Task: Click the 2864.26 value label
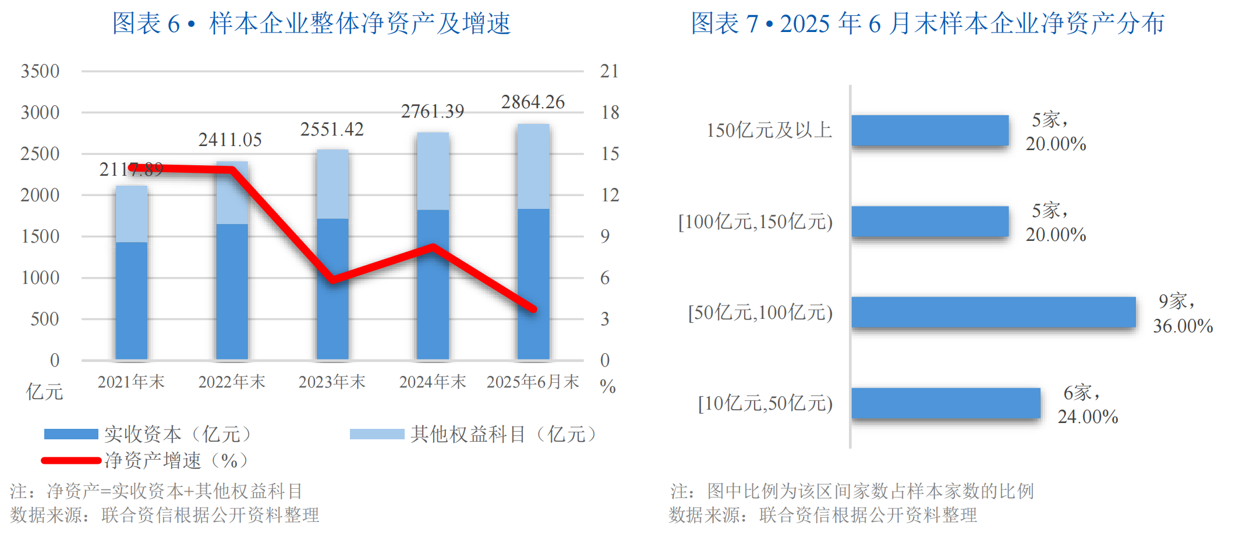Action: coord(533,102)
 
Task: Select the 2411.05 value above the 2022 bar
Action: coord(230,140)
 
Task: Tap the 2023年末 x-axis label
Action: coord(332,382)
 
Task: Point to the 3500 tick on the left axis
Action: coord(40,72)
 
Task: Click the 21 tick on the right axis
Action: coord(609,72)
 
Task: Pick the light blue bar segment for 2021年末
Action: coord(132,214)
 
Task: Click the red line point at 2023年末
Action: coord(332,280)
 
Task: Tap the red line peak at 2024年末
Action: coord(433,247)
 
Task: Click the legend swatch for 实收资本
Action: coord(71,434)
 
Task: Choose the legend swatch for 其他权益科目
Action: coord(377,434)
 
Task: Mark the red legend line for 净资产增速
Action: coord(71,461)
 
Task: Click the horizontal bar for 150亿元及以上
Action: coord(930,130)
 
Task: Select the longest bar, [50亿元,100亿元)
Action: coord(993,312)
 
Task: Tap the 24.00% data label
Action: coord(1088,417)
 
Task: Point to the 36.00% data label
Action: coord(1183,326)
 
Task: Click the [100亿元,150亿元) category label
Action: coord(755,222)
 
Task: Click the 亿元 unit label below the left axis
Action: coord(44,392)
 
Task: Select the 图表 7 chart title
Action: coord(927,24)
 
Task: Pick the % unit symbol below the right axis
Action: coord(607,386)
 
